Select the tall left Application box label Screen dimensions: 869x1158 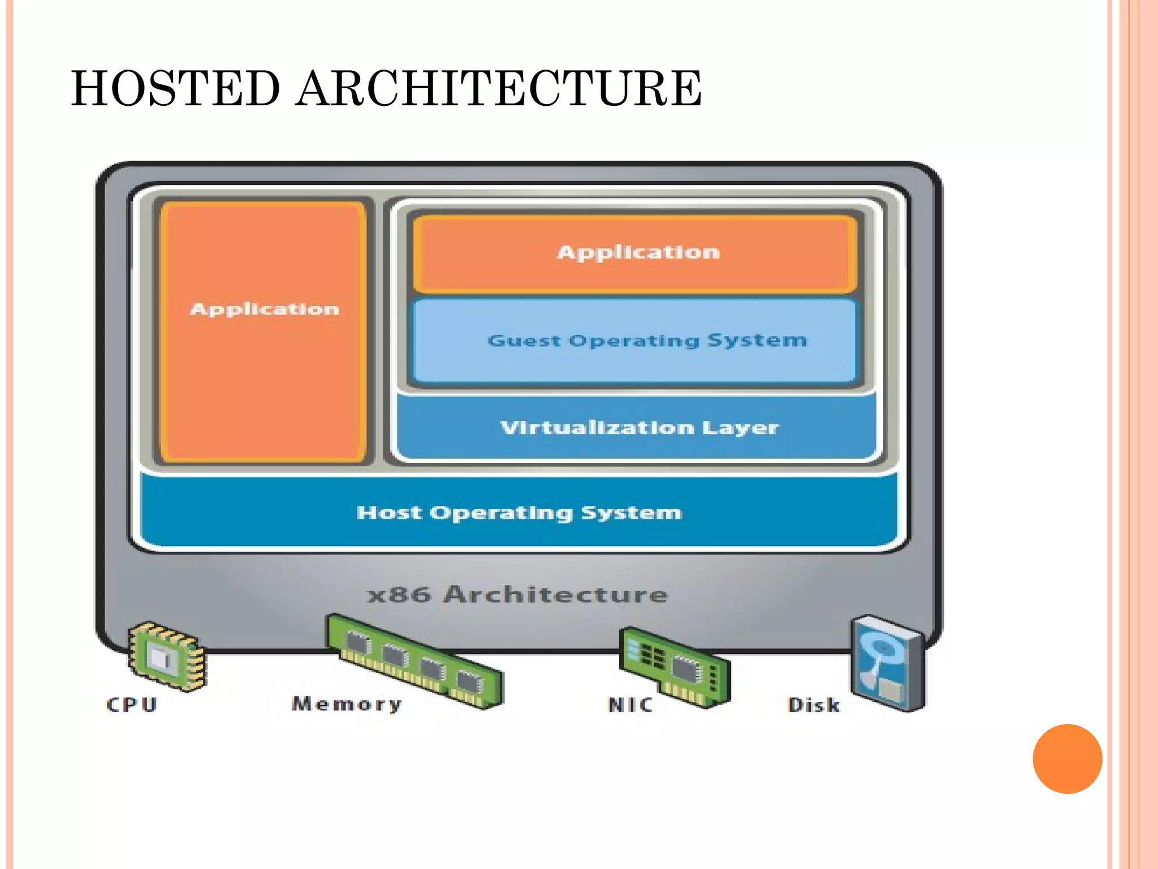(264, 309)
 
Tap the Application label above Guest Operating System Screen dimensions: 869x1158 (638, 252)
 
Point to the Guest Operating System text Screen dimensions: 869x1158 (647, 340)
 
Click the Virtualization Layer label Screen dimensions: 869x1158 (639, 427)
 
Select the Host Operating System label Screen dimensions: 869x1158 (519, 513)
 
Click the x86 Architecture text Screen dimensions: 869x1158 (517, 595)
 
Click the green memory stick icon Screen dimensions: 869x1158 (414, 660)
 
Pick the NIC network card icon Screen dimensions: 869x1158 (675, 666)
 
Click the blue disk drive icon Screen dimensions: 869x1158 (888, 662)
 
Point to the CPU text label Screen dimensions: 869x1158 (132, 704)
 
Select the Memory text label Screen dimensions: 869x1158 (347, 704)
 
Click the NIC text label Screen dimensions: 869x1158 (630, 704)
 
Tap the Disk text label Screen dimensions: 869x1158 (814, 705)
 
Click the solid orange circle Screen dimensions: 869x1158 (1067, 759)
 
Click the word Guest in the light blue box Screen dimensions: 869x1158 (524, 341)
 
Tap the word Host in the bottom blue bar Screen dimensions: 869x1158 (389, 513)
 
